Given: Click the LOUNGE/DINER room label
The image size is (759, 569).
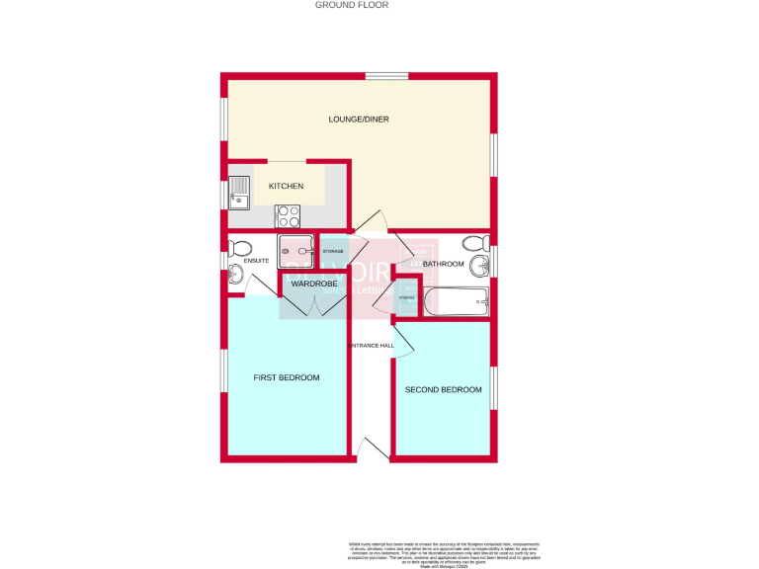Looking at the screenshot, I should pyautogui.click(x=359, y=120).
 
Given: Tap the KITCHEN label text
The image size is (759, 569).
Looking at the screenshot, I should pyautogui.click(x=287, y=186).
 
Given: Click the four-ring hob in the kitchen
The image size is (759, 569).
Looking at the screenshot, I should pyautogui.click(x=289, y=215).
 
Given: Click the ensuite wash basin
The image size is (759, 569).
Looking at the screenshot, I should pyautogui.click(x=235, y=274).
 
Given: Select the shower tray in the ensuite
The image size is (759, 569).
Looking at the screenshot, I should pyautogui.click(x=297, y=251).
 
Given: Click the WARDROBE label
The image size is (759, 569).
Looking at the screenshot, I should pyautogui.click(x=314, y=284).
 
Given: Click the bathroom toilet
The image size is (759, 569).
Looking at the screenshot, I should pyautogui.click(x=472, y=243).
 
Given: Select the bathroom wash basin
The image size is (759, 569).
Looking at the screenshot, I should pyautogui.click(x=479, y=265).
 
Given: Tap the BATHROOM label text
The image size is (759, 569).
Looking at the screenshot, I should pyautogui.click(x=443, y=264).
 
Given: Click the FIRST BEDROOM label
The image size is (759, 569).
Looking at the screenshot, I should pyautogui.click(x=287, y=377).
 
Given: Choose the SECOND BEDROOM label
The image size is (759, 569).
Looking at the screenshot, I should pyautogui.click(x=444, y=389).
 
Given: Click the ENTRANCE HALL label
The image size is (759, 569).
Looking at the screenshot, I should pyautogui.click(x=372, y=346).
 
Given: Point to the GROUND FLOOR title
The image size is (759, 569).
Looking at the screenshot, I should pyautogui.click(x=352, y=5).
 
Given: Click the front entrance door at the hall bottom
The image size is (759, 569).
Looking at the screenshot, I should pyautogui.click(x=373, y=449).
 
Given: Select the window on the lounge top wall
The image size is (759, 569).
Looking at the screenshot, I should pyautogui.click(x=386, y=76).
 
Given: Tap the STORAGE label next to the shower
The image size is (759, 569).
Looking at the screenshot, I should pyautogui.click(x=333, y=252).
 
